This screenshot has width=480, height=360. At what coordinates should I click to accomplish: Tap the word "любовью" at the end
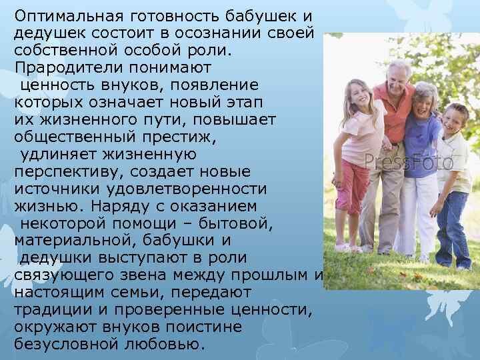coord(169,345)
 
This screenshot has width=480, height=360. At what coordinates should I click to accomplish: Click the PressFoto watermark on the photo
coord(409,162)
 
